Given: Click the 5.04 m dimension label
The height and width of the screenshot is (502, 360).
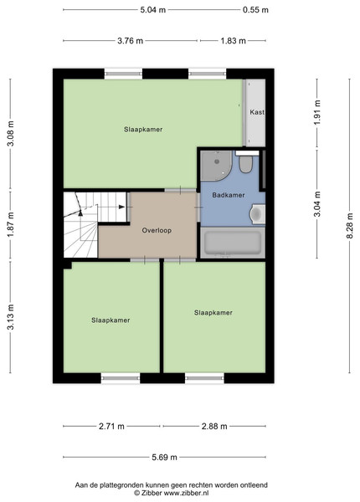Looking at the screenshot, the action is point(152,10).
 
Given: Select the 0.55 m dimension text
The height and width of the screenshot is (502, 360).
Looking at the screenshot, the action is point(255,10).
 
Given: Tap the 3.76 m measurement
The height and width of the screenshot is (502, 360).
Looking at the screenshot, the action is point(130,41).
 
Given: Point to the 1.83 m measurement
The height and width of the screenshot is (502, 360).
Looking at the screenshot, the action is point(234,41).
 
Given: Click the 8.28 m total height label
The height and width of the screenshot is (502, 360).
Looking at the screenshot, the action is point(349,226).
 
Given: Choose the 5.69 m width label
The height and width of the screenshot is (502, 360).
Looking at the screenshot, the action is point(164,457).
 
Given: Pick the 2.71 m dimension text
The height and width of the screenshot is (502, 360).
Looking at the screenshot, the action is point(111,427).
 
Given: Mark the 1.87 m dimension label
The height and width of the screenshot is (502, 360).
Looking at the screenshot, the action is point(11,225).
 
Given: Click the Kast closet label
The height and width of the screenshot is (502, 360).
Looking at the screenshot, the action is point(257,112).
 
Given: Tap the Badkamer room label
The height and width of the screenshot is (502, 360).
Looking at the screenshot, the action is point(229,195).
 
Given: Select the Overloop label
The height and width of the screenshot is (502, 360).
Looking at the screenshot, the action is point(157,231).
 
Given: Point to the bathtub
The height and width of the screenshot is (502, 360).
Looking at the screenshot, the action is point(233,243).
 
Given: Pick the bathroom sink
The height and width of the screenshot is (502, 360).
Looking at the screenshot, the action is point(258,214).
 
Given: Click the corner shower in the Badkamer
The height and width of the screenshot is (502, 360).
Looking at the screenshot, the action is point(216,166).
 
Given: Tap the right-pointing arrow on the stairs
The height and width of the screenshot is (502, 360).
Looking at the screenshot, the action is point(121,207).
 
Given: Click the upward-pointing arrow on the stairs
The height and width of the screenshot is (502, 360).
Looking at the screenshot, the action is point(80,213).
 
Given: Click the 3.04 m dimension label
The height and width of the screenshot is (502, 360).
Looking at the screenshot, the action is point(317,204).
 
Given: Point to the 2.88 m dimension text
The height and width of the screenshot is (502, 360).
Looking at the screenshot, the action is point(214,427).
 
